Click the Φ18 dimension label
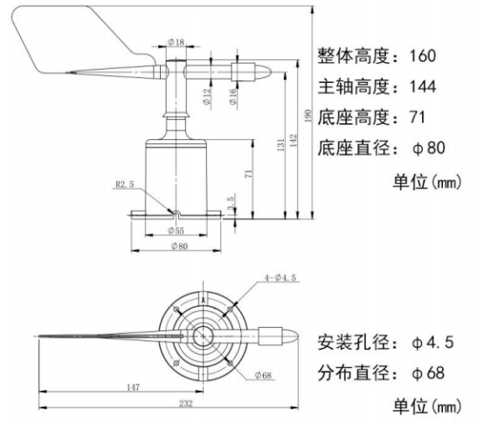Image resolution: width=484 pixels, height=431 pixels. [x=176, y=42]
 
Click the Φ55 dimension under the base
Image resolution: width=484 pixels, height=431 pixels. [x=176, y=232]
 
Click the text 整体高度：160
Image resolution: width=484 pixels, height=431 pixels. [x=376, y=57]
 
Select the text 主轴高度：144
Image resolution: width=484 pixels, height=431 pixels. [x=376, y=87]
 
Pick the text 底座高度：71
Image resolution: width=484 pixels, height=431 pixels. [x=370, y=117]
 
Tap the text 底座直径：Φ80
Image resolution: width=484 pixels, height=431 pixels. [x=382, y=148]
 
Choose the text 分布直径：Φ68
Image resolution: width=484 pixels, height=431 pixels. [x=382, y=372]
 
